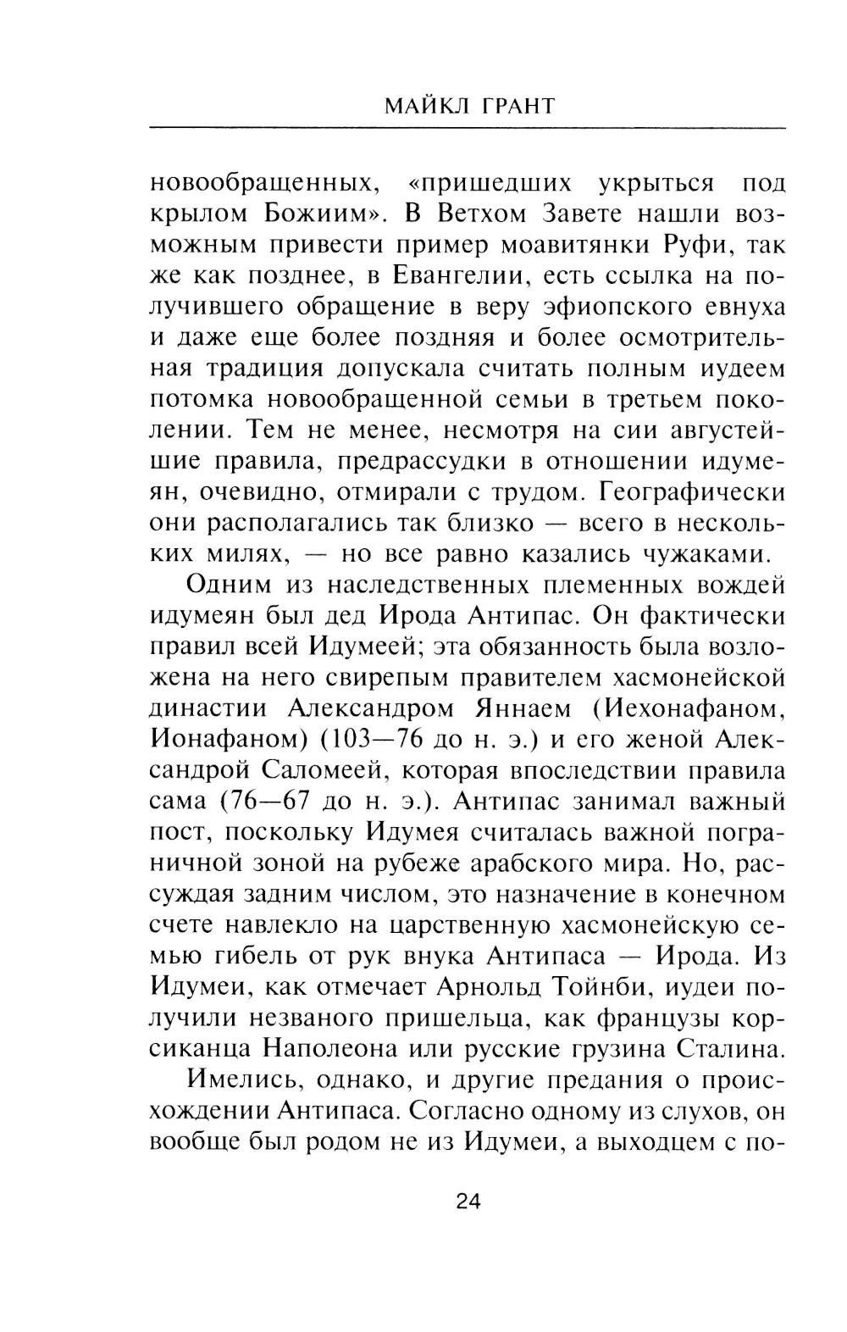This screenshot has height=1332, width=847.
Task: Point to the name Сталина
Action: click(x=731, y=1049)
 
